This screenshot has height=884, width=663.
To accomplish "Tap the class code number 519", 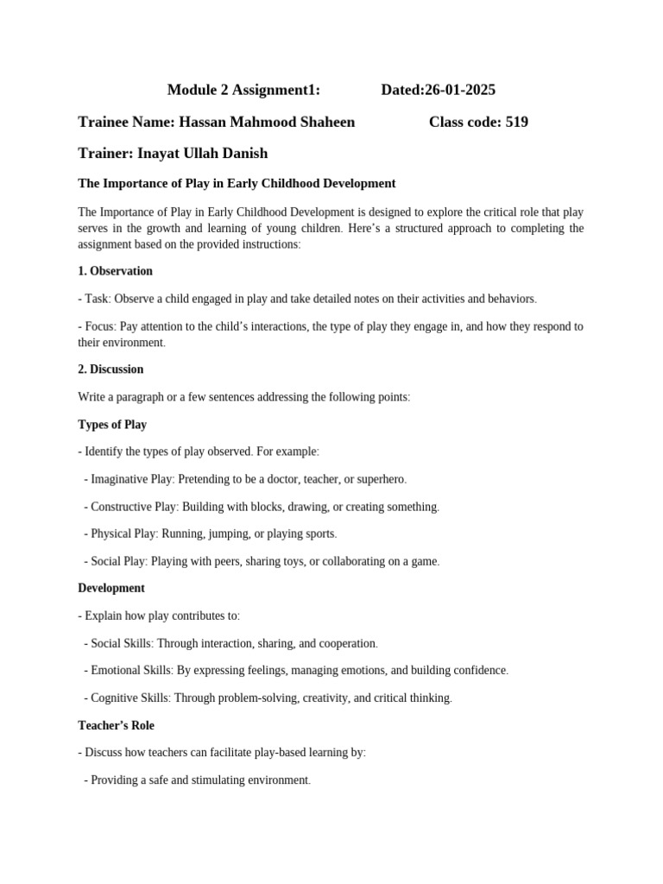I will click(x=516, y=122).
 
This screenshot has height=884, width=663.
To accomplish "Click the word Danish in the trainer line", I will click(x=245, y=154).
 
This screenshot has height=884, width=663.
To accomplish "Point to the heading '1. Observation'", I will click(x=115, y=271).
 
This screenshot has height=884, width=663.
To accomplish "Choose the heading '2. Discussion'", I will click(x=110, y=369).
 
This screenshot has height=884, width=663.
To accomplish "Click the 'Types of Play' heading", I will click(x=112, y=425).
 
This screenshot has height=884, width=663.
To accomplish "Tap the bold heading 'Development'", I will click(x=111, y=588).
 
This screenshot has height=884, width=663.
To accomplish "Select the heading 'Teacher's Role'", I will click(x=116, y=725).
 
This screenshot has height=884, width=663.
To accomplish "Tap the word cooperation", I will click(x=345, y=643).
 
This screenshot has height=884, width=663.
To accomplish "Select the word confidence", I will click(x=477, y=670).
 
